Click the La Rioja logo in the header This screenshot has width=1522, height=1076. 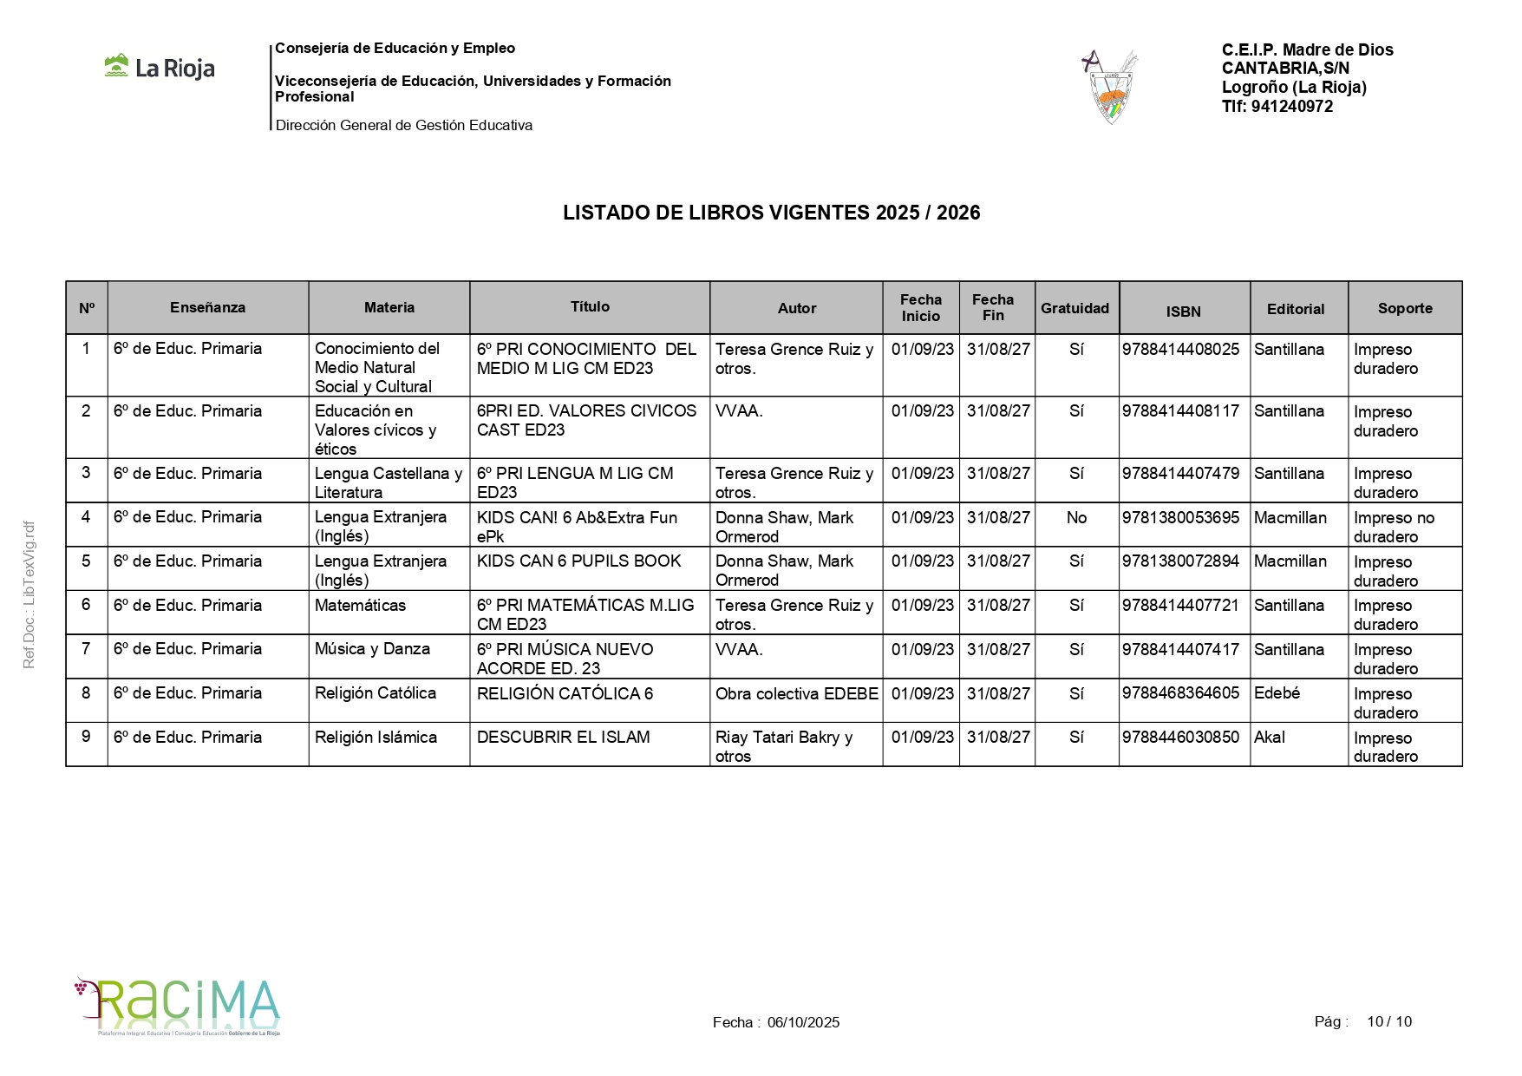160,68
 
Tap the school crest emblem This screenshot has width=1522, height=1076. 1111,87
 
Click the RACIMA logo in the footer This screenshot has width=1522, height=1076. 178,1006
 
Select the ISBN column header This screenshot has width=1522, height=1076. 1183,311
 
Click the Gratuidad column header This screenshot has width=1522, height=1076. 1075,308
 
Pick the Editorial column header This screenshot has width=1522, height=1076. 1296,309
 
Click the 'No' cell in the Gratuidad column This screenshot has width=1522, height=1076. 1076,518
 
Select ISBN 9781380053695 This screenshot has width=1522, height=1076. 1180,518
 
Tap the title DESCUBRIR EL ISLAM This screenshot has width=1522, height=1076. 563,738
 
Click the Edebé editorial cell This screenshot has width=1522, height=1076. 1277,693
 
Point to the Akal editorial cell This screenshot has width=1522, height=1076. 1270,738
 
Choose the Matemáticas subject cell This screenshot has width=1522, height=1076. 360,606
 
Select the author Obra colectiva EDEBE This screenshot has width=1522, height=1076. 796,694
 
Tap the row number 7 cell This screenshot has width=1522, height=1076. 86,649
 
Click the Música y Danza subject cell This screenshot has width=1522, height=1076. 372,649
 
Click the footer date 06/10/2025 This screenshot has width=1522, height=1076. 803,1022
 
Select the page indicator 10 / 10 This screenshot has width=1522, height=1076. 1388,1021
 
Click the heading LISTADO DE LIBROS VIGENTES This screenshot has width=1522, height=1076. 771,213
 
